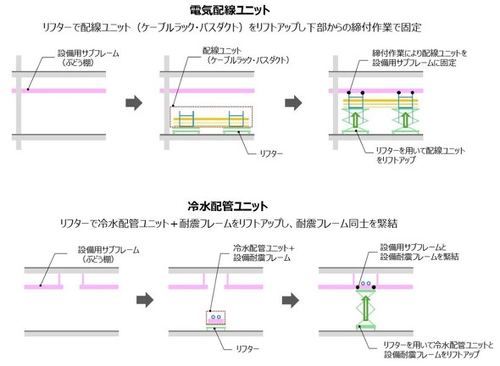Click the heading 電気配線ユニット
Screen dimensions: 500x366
pos(230,10)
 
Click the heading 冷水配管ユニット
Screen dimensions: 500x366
pos(228,206)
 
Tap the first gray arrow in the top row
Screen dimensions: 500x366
pos(134,103)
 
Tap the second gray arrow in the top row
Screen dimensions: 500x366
pos(293,103)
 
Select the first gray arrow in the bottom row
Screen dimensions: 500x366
pos(145,300)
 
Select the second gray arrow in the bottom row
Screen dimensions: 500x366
pos(291,300)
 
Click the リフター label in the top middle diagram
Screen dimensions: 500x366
pos(271,153)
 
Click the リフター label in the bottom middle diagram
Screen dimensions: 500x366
pos(247,349)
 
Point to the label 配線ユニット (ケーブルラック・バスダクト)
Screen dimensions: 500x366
pos(246,55)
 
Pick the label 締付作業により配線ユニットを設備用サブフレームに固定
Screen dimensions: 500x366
pos(419,58)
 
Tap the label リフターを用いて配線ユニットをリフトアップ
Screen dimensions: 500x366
pos(420,155)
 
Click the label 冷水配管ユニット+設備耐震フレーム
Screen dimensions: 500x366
pos(264,252)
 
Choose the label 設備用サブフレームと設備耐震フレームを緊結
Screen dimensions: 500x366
pos(419,252)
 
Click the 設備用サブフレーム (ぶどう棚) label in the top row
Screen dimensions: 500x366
pos(88,58)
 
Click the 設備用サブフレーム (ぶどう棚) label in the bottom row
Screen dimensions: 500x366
pos(108,254)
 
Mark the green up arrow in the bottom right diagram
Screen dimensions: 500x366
pos(366,308)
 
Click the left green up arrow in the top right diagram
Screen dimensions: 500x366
pos(356,119)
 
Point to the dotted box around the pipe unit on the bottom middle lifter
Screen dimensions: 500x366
pos(216,318)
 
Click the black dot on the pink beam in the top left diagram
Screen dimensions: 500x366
pos(28,89)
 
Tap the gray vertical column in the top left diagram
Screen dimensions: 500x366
pos(19,103)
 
